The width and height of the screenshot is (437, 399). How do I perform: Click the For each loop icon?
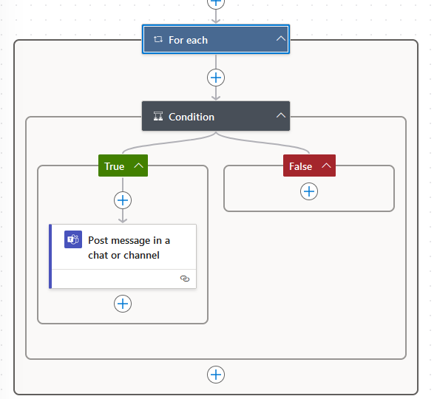(x=157, y=40)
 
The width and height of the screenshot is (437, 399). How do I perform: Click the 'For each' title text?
(x=188, y=40)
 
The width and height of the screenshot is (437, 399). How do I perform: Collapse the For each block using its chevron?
(x=281, y=39)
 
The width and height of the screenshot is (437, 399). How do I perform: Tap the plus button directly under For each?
(x=216, y=78)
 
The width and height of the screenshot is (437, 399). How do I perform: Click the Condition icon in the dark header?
(x=157, y=117)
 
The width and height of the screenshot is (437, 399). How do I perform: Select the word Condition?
(x=192, y=117)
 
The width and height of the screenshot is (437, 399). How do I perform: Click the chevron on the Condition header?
(x=280, y=116)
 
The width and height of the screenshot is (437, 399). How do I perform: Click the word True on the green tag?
(x=114, y=166)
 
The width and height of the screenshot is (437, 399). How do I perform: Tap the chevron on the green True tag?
(x=138, y=166)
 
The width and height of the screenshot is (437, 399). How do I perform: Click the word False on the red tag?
(x=300, y=166)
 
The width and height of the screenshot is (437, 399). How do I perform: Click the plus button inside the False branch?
(x=309, y=191)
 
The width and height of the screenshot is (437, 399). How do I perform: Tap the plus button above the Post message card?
(x=123, y=200)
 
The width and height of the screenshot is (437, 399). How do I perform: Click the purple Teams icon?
(x=73, y=239)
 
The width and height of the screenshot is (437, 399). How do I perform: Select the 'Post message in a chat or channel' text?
(x=129, y=248)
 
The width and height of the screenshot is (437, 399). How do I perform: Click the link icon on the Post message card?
(x=185, y=279)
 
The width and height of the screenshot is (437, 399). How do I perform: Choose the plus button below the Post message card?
(x=123, y=304)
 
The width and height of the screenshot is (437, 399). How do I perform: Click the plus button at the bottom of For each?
(x=216, y=375)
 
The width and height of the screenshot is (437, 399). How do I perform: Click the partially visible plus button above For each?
(x=216, y=2)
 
